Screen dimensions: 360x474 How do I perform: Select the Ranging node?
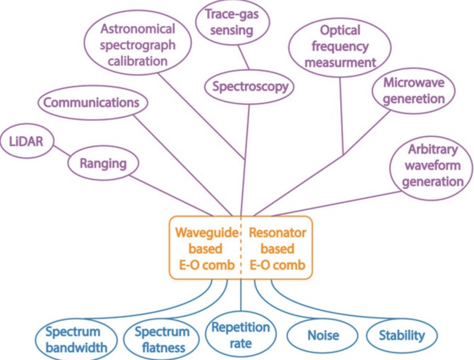[103, 164]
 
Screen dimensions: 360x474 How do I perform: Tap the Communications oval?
[90, 103]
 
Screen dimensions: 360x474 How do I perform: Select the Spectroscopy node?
[249, 87]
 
